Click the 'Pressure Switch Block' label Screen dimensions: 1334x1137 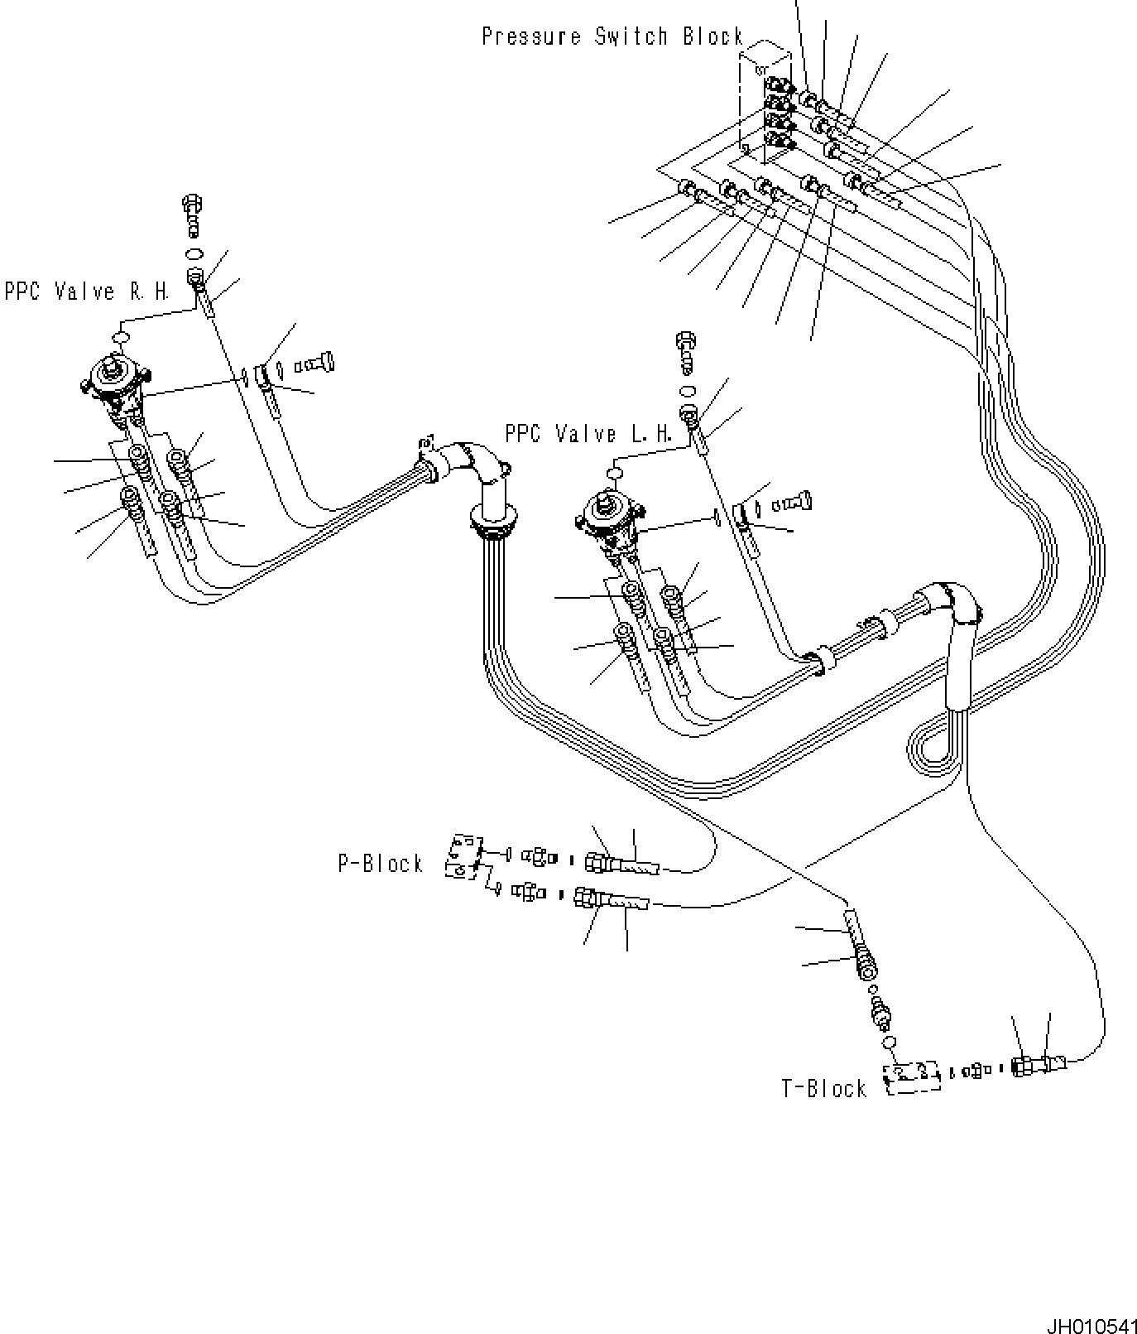click(x=613, y=36)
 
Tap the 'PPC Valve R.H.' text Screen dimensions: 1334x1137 click(x=87, y=291)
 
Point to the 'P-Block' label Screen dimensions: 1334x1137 click(x=381, y=864)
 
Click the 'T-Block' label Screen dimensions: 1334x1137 click(x=824, y=1088)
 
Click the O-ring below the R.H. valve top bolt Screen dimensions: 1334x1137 click(x=195, y=253)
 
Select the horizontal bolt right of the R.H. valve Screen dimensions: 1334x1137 click(x=317, y=363)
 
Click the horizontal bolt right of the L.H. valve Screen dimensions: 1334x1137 click(x=794, y=502)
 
